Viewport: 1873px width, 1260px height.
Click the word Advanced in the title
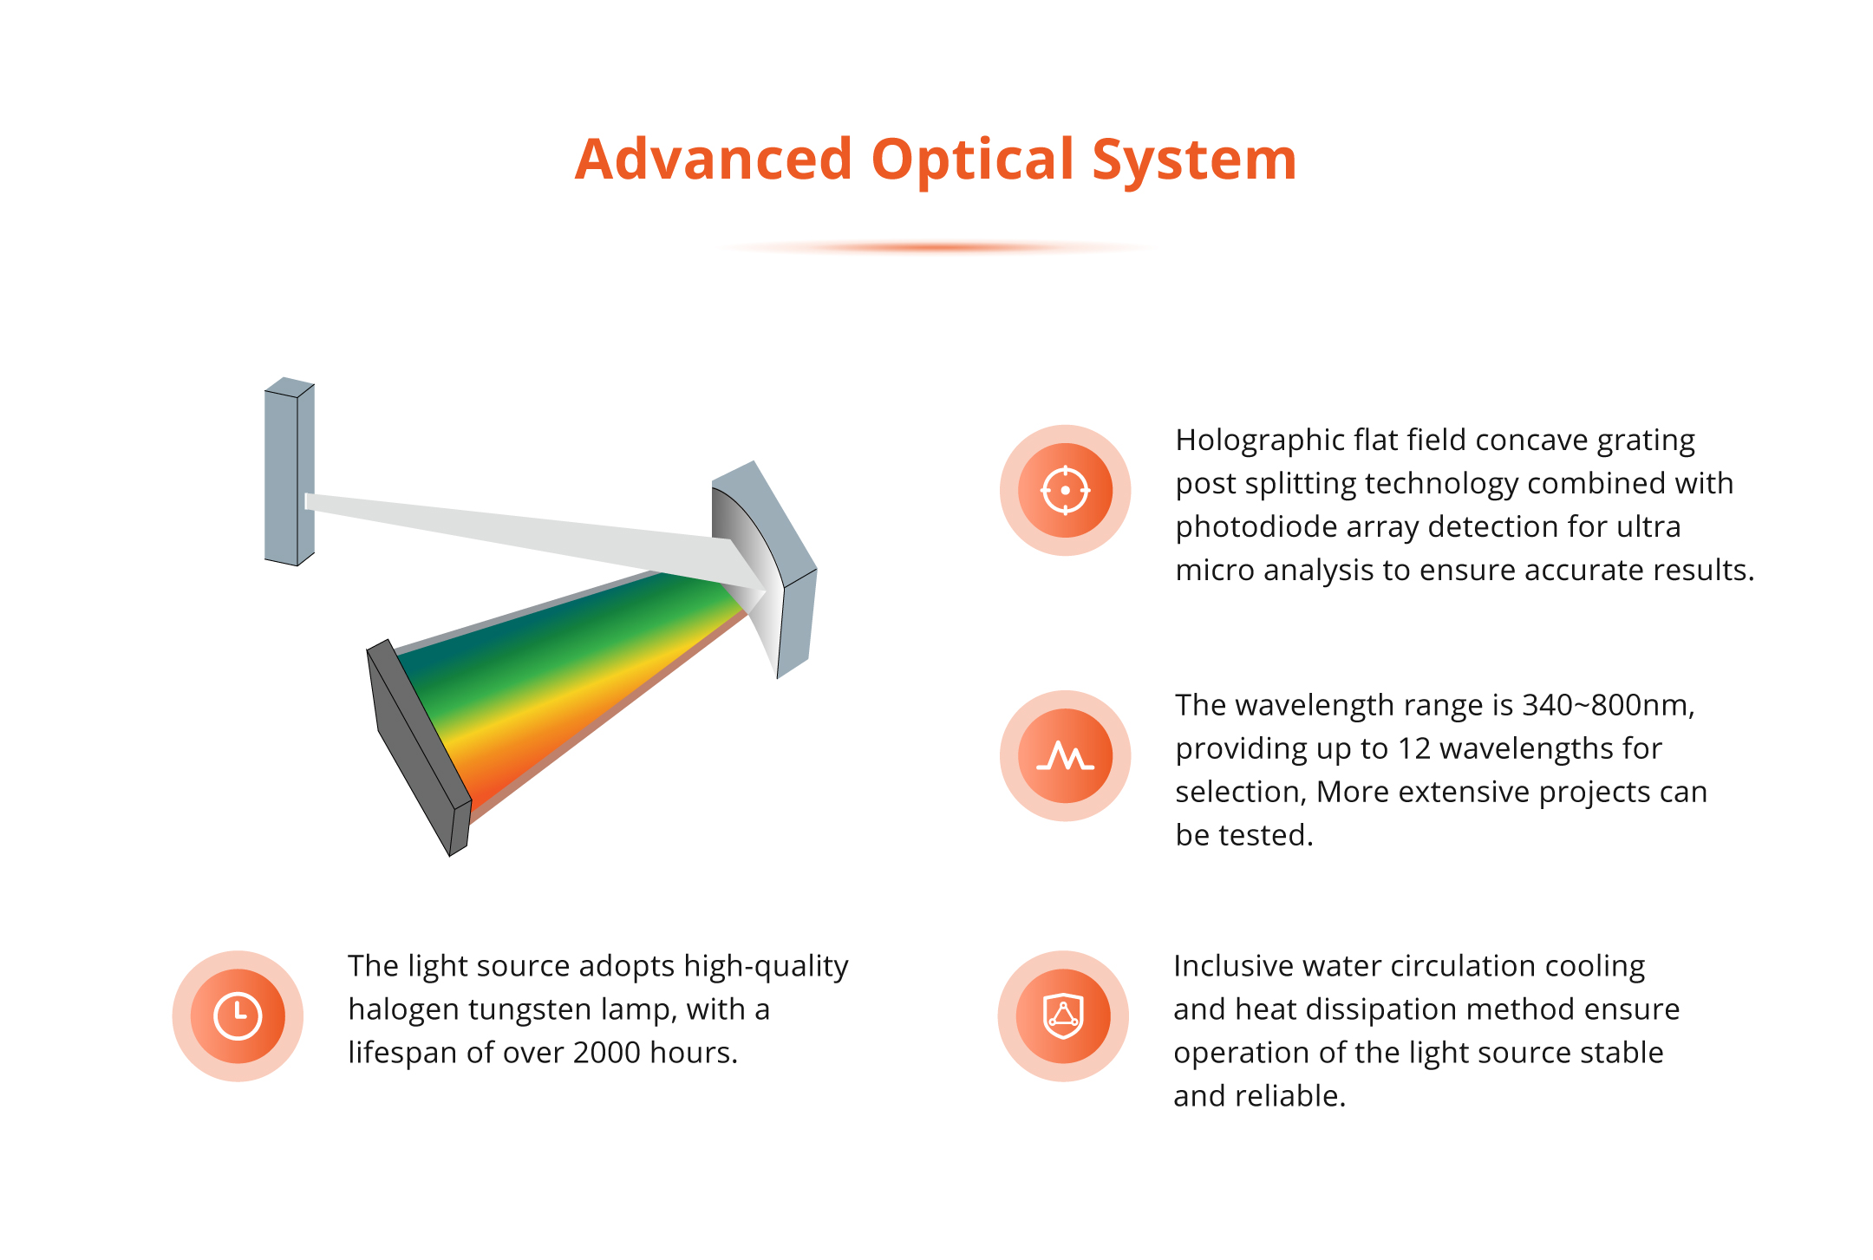(x=714, y=160)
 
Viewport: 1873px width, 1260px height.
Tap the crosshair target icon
(x=1065, y=490)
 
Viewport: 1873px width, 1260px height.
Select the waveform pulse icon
(x=1065, y=756)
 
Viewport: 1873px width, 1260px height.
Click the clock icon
(x=238, y=1015)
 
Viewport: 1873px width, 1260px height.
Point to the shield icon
(x=1063, y=1015)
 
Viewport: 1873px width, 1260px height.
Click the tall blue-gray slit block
(x=290, y=472)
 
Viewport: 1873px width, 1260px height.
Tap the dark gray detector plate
(x=419, y=748)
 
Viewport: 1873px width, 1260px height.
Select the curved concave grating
(x=763, y=568)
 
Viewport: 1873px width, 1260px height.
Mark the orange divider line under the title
(x=936, y=248)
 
